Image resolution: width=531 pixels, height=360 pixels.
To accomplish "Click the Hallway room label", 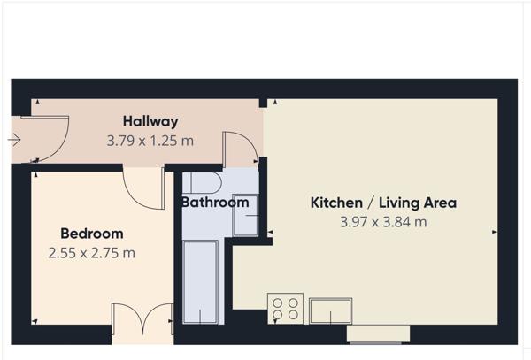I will coord(150,121).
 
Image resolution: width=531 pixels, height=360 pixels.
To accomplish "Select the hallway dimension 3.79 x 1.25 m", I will coord(150,140).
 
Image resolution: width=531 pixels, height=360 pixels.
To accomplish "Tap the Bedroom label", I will coord(91,234).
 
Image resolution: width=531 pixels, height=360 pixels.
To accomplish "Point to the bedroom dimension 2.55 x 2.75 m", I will coord(92,253).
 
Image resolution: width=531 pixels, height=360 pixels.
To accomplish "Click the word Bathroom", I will coord(214,203).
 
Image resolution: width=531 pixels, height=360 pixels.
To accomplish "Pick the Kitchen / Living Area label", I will coord(382,203).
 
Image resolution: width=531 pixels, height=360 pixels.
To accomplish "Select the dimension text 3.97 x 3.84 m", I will coord(382,222).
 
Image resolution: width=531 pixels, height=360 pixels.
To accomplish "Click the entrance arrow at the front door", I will coord(15,140).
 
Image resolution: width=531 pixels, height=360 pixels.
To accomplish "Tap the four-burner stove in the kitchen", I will coord(285,308).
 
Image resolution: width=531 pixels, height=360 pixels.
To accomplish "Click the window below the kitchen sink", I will coord(378,333).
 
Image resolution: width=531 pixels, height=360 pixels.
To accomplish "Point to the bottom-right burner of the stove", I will coord(293,315).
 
